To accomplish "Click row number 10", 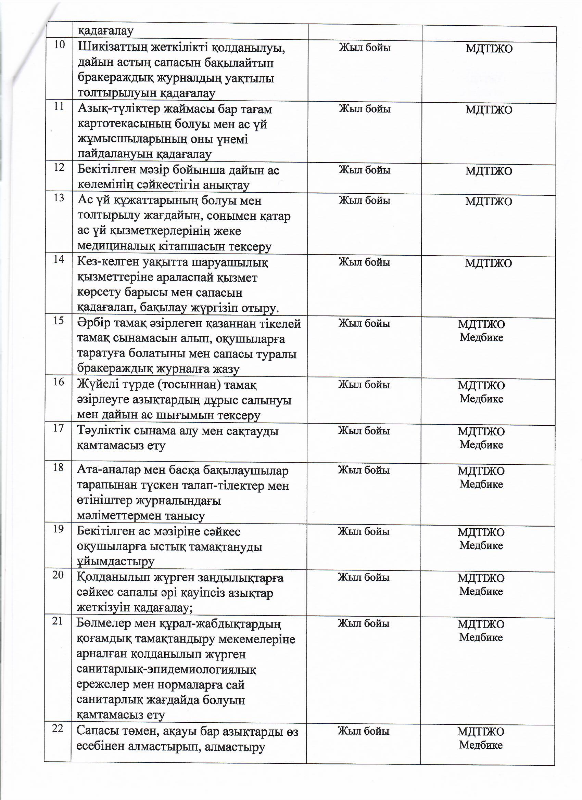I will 60,45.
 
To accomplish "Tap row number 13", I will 59,198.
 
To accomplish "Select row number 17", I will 58,428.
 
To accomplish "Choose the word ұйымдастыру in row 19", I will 115,562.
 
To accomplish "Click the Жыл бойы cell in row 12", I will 365,170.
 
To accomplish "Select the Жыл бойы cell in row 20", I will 364,578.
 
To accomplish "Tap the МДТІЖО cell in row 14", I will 488,263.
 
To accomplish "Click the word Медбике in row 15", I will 481,338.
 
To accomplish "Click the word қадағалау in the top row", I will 105,31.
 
